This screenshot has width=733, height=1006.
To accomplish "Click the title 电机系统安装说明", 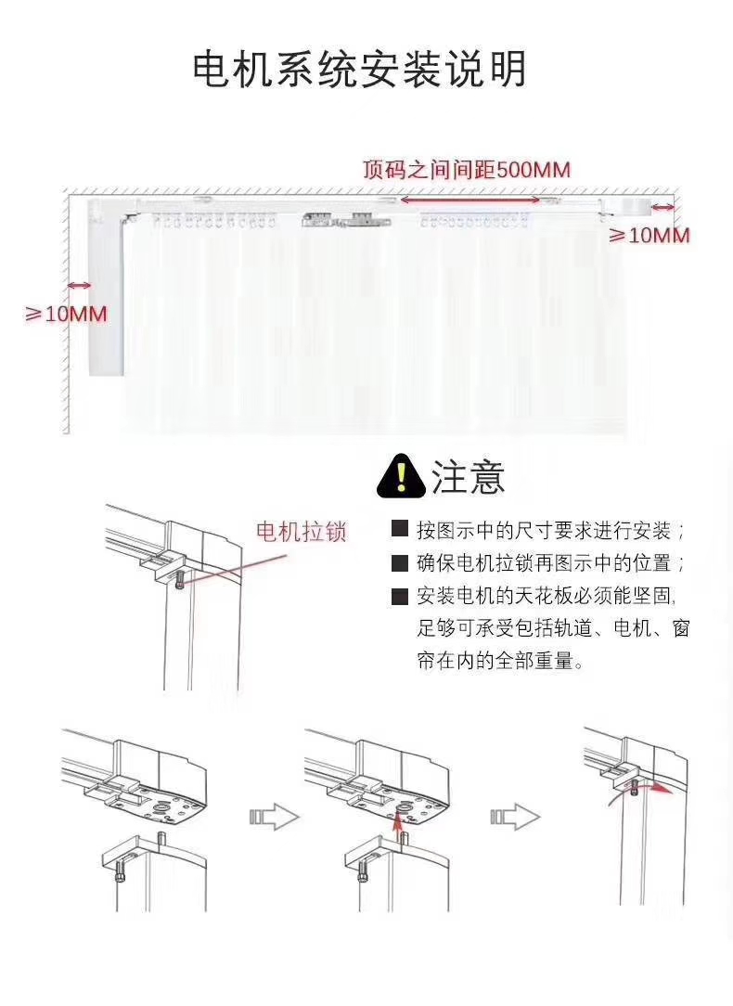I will (359, 71).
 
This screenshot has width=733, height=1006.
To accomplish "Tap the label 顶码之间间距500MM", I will (466, 170).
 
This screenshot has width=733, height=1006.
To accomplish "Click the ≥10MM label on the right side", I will (649, 236).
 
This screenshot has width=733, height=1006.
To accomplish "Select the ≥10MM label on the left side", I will (66, 314).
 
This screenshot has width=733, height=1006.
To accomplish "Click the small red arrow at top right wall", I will (662, 207).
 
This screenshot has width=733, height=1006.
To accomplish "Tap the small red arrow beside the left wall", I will (78, 286).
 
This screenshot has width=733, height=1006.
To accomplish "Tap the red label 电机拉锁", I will (301, 532).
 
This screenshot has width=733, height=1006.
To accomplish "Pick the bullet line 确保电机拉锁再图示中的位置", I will (551, 563).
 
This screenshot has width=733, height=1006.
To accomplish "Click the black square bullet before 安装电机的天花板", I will (400, 597).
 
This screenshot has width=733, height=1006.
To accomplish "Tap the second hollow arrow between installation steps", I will (514, 817).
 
